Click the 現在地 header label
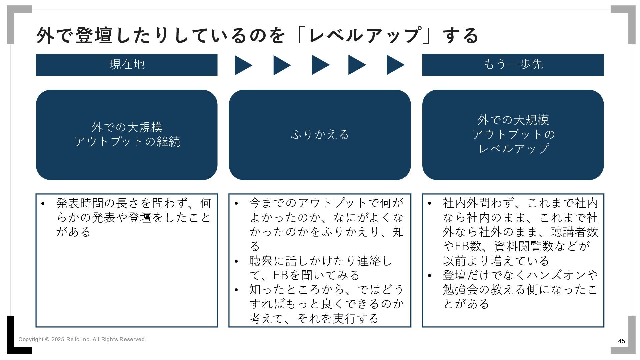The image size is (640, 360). [127, 64]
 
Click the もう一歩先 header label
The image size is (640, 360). [513, 64]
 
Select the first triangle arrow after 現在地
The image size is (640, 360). [242, 65]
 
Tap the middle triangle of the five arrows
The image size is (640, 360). [320, 65]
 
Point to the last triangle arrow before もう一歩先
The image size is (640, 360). [395, 65]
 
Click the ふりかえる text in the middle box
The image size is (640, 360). [320, 135]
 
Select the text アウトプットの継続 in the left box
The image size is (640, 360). [127, 142]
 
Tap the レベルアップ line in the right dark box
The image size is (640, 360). [513, 149]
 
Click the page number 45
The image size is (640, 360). [621, 341]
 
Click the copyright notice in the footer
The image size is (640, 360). [82, 339]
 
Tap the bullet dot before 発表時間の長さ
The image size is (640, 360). [43, 204]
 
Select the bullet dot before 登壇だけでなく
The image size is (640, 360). [429, 276]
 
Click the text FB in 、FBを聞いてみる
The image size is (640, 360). [281, 275]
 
